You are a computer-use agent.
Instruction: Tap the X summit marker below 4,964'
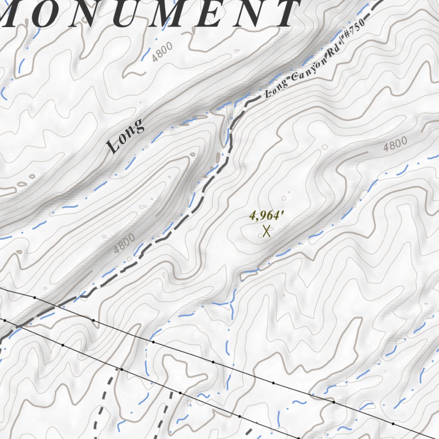pyautogui.click(x=266, y=232)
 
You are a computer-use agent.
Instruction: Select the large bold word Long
pyautogui.click(x=126, y=136)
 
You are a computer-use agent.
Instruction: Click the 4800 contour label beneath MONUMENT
pyautogui.click(x=162, y=52)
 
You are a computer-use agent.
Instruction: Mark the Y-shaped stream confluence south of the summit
pyautogui.click(x=232, y=304)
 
